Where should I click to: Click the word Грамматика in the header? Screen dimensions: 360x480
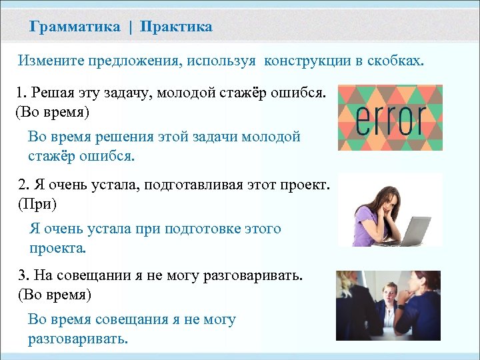point(75,27)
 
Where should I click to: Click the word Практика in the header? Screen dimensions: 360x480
point(177,27)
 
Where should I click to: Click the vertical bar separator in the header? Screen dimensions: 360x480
point(131,27)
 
